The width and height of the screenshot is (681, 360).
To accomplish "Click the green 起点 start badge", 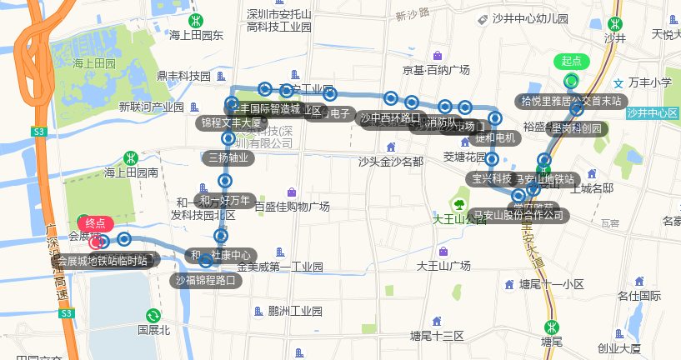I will (571, 61).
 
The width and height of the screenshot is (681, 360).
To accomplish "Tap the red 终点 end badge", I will (96, 222).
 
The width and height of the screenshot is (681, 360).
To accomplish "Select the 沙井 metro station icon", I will (615, 23).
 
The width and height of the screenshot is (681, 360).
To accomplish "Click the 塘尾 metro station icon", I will (550, 327).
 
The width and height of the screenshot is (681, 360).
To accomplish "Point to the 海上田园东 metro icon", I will (195, 21).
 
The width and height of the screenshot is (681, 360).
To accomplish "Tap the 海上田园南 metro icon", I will (130, 157).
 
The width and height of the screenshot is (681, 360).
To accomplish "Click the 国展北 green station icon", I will (153, 315).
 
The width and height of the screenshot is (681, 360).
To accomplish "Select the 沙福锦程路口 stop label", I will (207, 281).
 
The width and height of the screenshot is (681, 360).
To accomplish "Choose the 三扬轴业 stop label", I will (228, 157).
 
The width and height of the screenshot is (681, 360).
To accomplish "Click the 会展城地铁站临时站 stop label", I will (103, 261).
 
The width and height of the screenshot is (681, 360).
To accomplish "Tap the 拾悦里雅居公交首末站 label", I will (571, 102).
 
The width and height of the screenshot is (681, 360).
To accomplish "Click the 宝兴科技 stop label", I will (492, 178).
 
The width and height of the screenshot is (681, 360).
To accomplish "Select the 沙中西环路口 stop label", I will (390, 117).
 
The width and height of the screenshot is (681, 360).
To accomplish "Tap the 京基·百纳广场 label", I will (436, 70).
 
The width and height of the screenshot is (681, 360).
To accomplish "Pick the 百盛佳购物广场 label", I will (292, 206).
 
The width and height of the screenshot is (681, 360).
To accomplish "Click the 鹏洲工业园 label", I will (295, 311).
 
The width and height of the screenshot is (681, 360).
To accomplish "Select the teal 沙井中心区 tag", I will (652, 112).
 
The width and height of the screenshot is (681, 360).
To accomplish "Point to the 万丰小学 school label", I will (649, 82).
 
